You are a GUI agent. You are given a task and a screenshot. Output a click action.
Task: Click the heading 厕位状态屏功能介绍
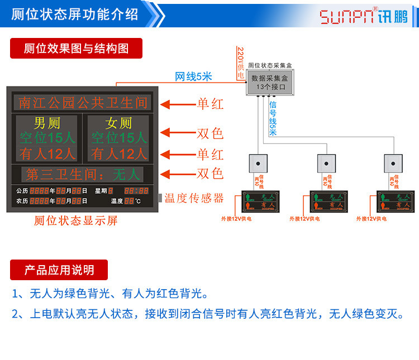74,15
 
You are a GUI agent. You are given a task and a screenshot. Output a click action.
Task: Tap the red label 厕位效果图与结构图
76,49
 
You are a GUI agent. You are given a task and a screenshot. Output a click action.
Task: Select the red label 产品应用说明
59,270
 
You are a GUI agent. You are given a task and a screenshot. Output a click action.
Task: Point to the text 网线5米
193,76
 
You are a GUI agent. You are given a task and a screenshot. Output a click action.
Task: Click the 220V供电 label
240,63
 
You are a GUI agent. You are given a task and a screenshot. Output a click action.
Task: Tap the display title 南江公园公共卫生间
83,103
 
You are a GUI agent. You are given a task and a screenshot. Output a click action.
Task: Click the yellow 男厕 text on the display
47,123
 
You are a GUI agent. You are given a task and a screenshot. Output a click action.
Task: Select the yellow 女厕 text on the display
118,123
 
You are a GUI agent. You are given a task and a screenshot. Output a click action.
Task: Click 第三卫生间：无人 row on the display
83,174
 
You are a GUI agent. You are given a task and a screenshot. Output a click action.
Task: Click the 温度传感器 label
194,198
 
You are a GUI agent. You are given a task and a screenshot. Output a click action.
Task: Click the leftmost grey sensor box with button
258,163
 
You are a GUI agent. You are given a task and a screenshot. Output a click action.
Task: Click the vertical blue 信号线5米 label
273,118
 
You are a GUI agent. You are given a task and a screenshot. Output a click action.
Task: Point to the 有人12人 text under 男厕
47,153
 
